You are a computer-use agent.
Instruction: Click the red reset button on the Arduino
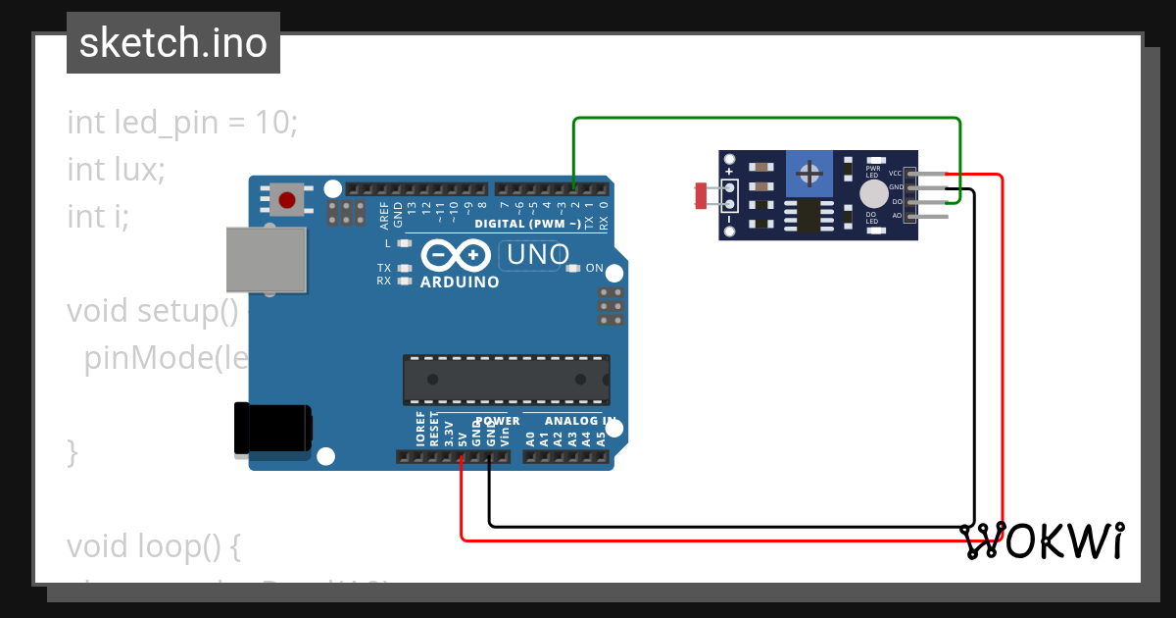click(x=286, y=201)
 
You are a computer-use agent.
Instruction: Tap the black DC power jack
click(x=274, y=429)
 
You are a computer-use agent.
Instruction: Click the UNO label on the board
click(x=535, y=255)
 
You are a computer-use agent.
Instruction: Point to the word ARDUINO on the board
click(x=460, y=283)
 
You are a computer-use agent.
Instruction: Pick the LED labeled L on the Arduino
click(x=403, y=242)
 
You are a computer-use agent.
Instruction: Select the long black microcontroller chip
click(x=506, y=380)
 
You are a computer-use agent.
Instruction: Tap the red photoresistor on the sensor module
click(x=701, y=195)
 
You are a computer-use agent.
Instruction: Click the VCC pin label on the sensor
click(x=895, y=173)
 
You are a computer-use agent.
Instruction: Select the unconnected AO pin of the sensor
click(x=931, y=215)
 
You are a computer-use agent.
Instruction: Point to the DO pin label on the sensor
click(x=896, y=201)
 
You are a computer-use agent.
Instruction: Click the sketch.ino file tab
click(x=173, y=43)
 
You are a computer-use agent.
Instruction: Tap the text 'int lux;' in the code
click(x=116, y=169)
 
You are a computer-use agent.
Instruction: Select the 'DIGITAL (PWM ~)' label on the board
click(x=526, y=225)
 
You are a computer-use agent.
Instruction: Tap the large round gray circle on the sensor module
click(x=871, y=193)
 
